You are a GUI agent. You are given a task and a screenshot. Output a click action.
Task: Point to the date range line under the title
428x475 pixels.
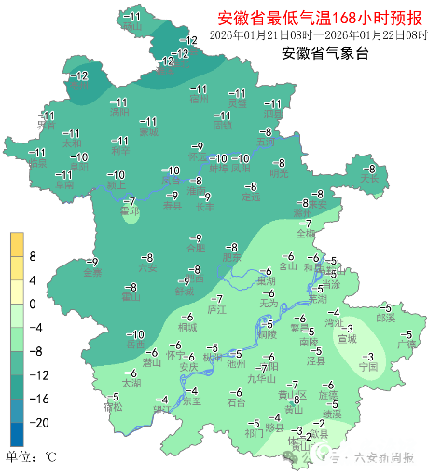click(317, 34)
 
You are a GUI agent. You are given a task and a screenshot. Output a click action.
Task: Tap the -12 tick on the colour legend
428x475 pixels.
click(35, 374)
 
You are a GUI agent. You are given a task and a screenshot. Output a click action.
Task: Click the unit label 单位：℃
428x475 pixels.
click(32, 456)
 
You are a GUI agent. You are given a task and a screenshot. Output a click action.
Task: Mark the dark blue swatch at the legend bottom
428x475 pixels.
click(17, 434)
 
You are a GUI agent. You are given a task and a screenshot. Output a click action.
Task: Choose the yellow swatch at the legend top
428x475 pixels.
click(17, 244)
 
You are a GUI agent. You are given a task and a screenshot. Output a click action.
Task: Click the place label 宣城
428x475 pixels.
click(347, 339)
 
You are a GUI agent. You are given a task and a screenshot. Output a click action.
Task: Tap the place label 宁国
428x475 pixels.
click(367, 368)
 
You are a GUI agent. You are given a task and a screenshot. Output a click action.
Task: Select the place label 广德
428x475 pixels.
click(407, 345)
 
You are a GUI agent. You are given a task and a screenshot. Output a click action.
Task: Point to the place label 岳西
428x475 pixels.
click(135, 345)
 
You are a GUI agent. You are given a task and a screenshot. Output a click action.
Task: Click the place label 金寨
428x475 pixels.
click(91, 273)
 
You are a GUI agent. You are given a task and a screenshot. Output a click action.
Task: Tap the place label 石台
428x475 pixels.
click(236, 402)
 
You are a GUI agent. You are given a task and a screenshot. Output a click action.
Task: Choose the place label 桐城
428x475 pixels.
click(187, 328)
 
